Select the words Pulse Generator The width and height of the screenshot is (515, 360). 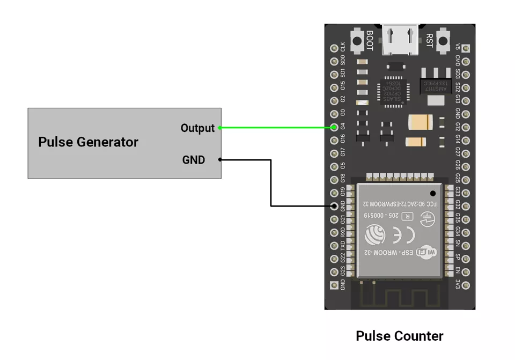point(88,142)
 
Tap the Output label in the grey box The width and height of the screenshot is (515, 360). point(197,128)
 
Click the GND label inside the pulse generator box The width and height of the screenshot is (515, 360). point(194,160)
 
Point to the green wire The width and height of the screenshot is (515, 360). point(276,128)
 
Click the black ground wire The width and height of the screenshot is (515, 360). point(271,182)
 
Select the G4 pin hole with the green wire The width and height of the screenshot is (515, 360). point(334,127)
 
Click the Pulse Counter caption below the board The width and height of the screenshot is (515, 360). point(400,336)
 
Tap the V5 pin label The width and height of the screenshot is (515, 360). point(457,48)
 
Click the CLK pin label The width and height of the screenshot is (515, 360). point(343,47)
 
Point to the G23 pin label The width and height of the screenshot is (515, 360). point(343,271)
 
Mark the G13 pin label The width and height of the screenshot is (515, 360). point(457,100)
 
